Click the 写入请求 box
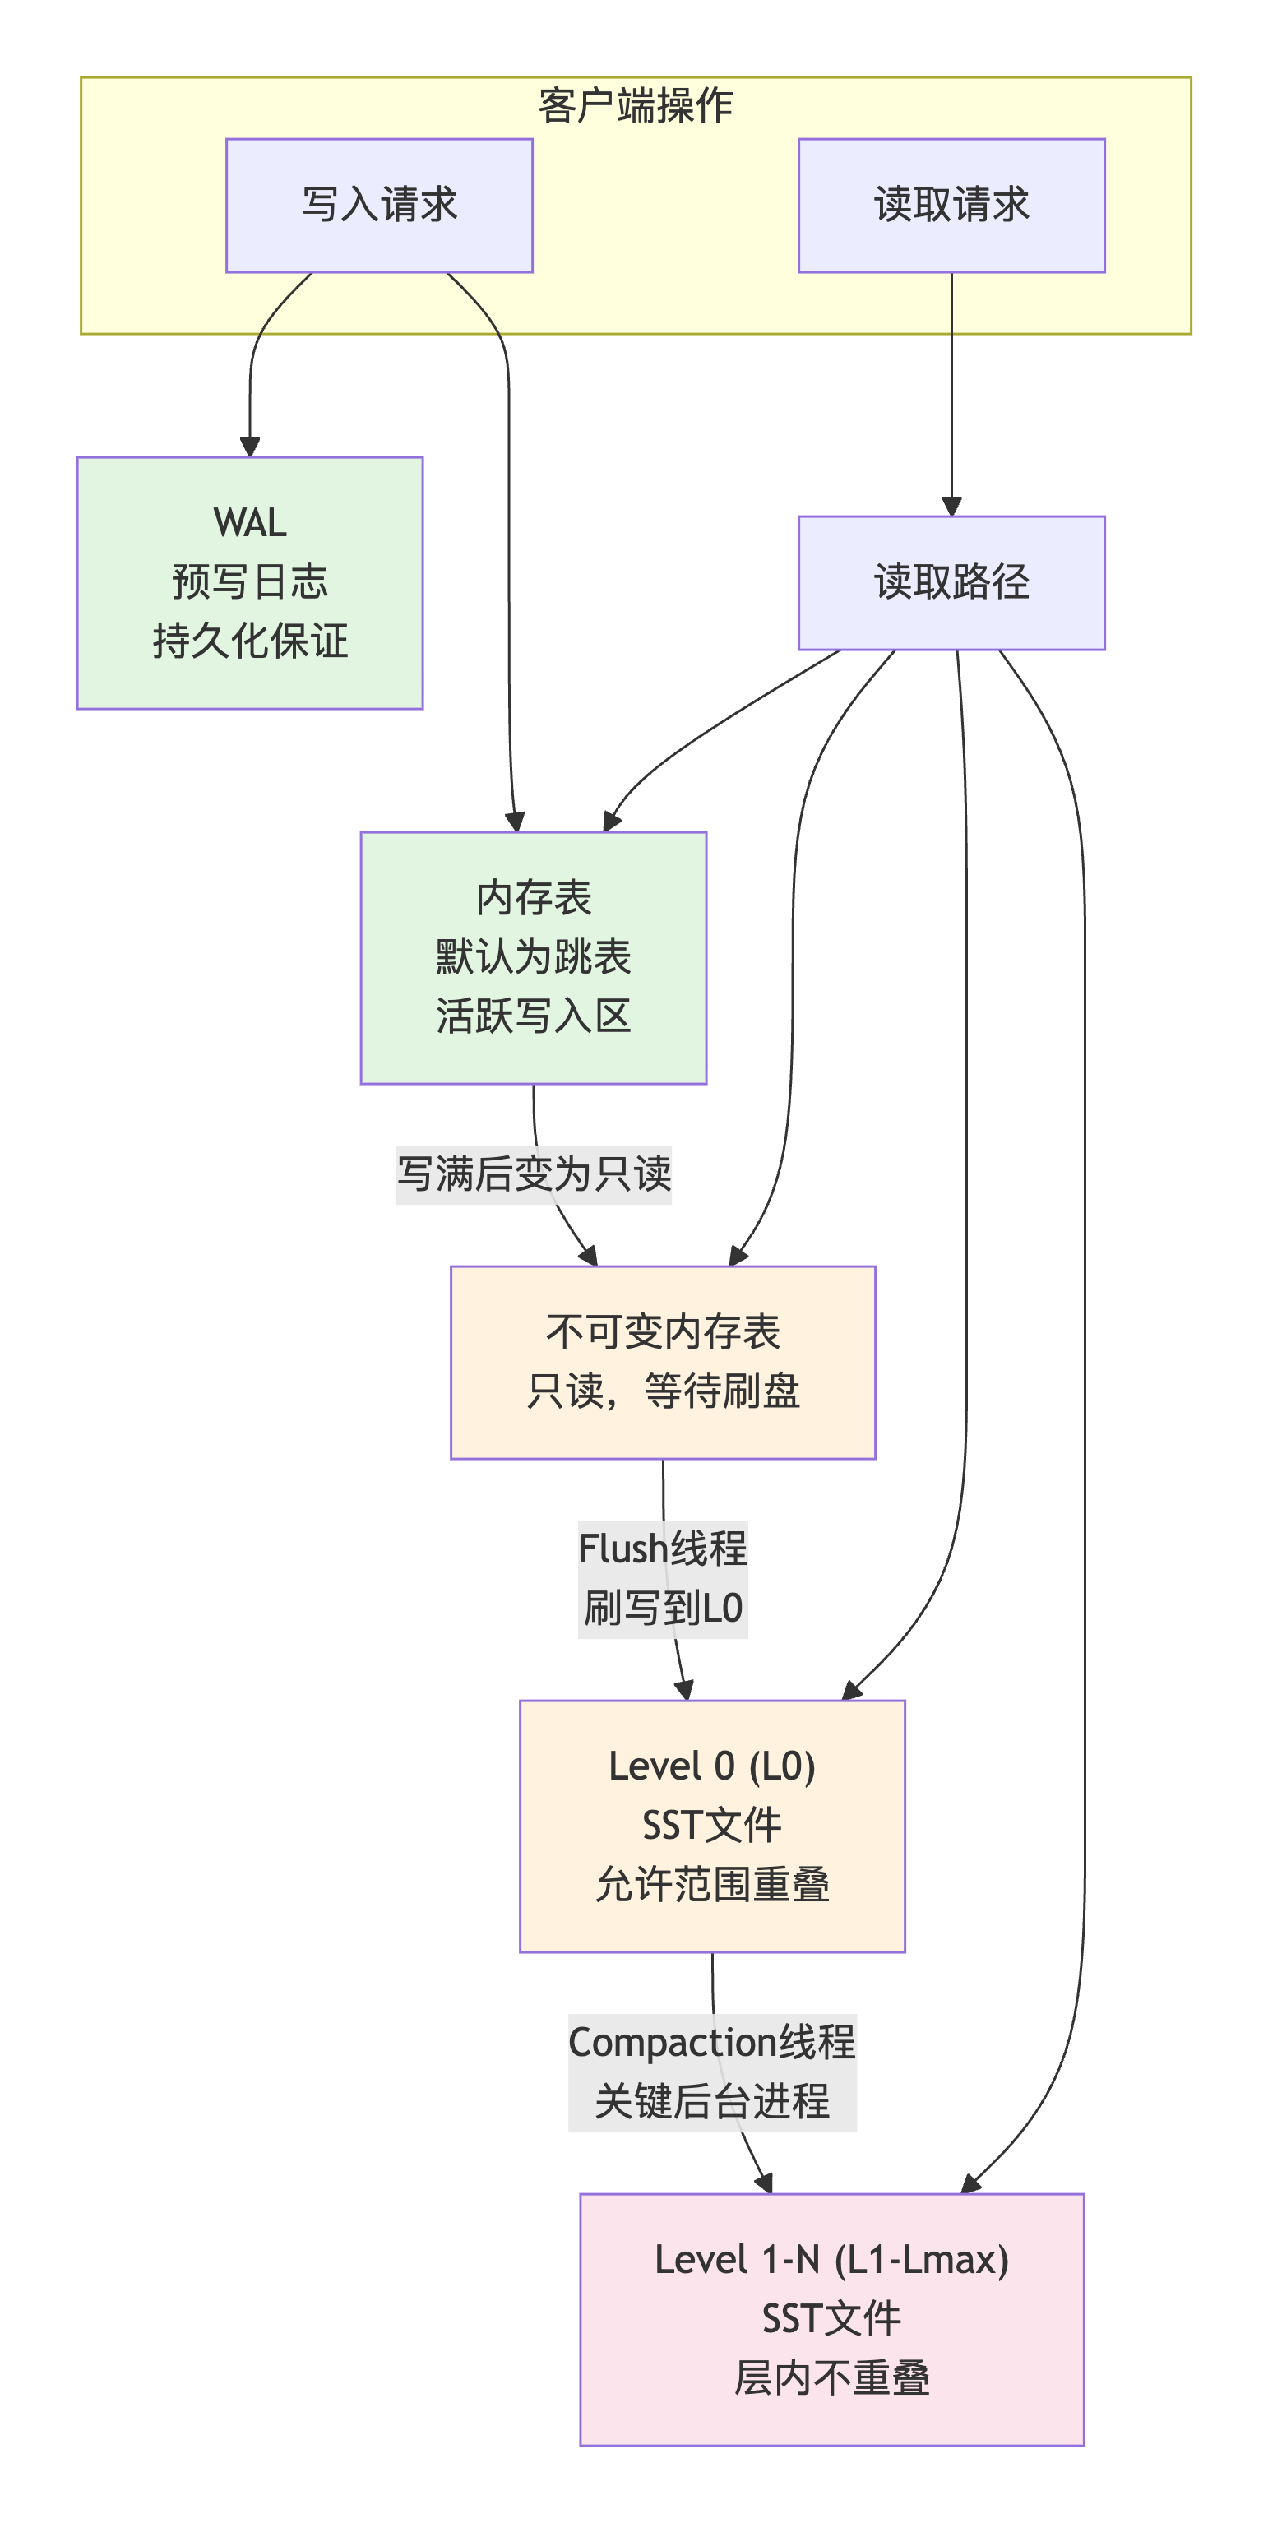(379, 205)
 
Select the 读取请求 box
(951, 205)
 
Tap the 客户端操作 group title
(635, 104)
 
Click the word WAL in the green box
(250, 522)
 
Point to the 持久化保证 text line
(250, 641)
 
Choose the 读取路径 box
(951, 581)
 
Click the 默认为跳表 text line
(533, 957)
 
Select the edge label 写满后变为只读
(533, 1174)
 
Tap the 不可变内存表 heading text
(662, 1331)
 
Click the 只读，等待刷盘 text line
(662, 1391)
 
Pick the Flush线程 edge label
(662, 1549)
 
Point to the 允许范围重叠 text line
(712, 1884)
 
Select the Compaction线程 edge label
(712, 2042)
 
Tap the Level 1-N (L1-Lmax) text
(831, 2260)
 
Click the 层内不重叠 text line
(831, 2378)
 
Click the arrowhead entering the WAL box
(250, 447)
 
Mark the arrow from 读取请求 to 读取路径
(951, 391)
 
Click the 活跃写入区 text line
(533, 1016)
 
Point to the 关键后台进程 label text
(712, 2102)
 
